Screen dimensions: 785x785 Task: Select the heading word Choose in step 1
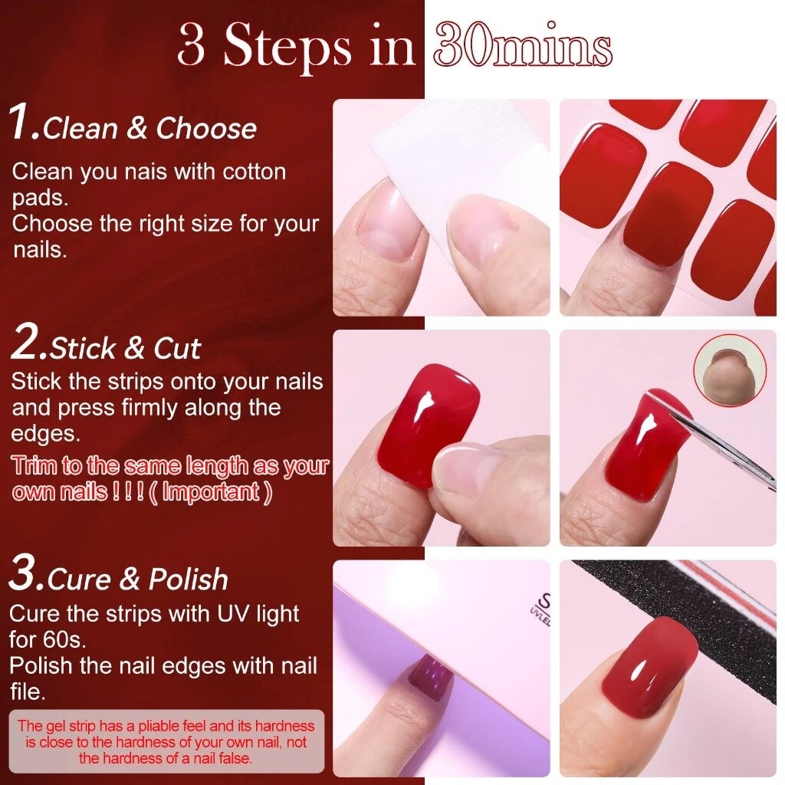click(206, 128)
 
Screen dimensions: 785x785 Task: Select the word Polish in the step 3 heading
click(189, 580)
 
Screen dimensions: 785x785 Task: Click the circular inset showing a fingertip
click(730, 371)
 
